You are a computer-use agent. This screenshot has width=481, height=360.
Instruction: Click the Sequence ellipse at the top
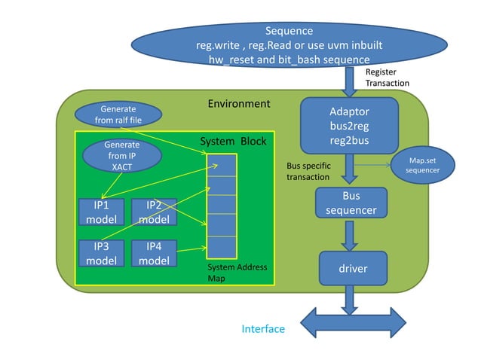tap(290, 44)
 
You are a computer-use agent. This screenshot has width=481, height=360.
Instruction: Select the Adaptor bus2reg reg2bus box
tap(349, 125)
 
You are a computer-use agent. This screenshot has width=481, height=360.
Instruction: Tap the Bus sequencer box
tap(351, 203)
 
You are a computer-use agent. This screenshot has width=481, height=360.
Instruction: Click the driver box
tap(352, 267)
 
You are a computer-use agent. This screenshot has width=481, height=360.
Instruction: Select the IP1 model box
tap(101, 212)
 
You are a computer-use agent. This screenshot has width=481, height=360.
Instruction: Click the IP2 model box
tap(154, 212)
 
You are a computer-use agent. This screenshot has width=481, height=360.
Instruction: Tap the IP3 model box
tap(101, 252)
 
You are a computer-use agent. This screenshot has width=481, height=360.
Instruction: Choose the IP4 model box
tap(154, 252)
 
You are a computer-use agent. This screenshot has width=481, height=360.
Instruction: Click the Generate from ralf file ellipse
tap(118, 114)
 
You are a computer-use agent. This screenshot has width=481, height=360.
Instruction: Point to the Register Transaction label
tap(388, 78)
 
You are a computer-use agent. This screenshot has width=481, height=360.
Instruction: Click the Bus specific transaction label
tap(309, 171)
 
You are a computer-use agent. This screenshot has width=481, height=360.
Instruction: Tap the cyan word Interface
tap(263, 329)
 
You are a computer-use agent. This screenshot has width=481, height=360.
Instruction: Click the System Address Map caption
tap(237, 273)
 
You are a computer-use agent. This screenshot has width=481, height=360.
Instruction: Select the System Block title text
tap(233, 142)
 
